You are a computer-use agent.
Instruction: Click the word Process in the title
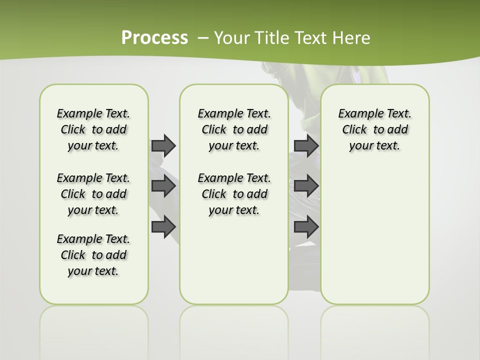[154, 38]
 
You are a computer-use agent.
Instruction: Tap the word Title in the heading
[271, 38]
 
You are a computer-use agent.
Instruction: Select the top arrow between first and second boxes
[163, 145]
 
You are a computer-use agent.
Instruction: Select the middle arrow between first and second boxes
[163, 186]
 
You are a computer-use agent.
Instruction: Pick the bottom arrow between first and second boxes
[163, 227]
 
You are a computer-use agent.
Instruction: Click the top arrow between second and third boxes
[306, 145]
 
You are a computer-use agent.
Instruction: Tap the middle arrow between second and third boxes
[306, 186]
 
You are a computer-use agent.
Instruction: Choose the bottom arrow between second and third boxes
[306, 227]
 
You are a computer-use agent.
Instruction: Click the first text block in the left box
[93, 129]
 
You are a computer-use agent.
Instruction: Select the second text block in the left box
[93, 194]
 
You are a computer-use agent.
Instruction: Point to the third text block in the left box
[93, 255]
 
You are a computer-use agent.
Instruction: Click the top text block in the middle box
[234, 129]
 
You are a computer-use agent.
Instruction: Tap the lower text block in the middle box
[234, 194]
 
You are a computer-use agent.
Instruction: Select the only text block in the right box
[374, 129]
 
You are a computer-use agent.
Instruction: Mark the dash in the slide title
[203, 38]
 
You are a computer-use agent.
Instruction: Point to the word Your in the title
[232, 38]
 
